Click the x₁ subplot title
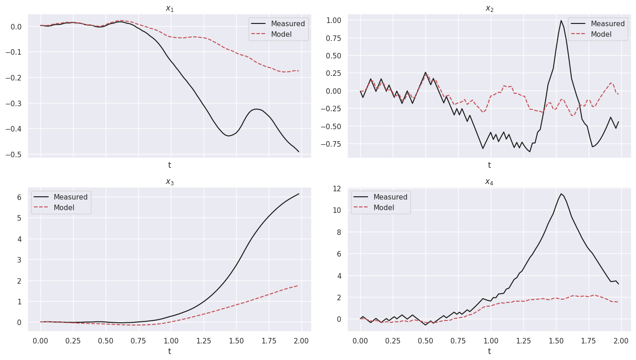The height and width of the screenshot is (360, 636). [169, 8]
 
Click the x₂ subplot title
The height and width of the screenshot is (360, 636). [489, 8]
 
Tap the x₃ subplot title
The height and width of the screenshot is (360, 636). [169, 182]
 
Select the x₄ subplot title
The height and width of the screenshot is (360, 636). [489, 182]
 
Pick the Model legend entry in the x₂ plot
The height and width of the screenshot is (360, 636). [601, 34]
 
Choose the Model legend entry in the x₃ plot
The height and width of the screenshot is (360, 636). [64, 208]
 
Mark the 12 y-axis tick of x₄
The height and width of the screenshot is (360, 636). [337, 189]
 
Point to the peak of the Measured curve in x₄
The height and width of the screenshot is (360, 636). [561, 194]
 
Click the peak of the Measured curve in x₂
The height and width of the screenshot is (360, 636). [561, 21]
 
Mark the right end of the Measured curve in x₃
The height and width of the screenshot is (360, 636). [299, 194]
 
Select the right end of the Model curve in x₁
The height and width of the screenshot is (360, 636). [299, 71]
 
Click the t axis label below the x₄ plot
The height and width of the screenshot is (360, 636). [489, 351]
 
